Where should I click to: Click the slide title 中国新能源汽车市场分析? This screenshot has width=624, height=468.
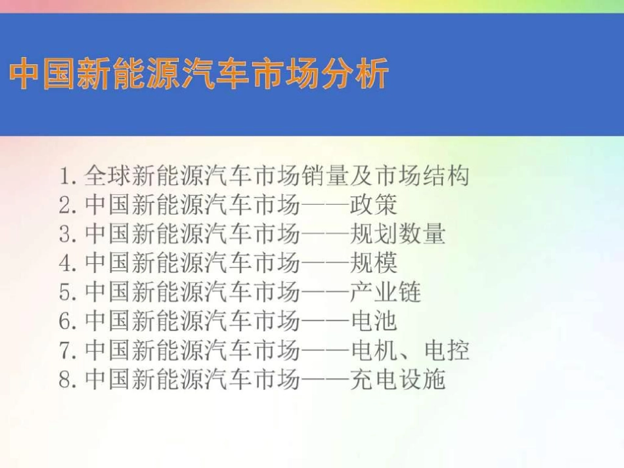coord(199,74)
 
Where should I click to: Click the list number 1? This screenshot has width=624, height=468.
coord(65,176)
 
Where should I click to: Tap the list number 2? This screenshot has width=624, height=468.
coord(65,205)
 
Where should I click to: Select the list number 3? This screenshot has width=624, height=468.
coord(65,234)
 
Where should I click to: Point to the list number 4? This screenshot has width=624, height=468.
coord(65,263)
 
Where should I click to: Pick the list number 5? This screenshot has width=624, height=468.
coord(65,292)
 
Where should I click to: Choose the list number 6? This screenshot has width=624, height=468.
coord(65,322)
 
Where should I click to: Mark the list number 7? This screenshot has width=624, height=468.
coord(65,351)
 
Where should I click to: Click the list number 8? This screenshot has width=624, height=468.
coord(65,379)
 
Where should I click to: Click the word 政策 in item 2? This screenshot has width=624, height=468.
coord(374,205)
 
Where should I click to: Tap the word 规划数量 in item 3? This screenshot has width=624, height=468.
coord(398,234)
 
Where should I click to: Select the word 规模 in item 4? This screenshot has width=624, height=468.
coord(374,263)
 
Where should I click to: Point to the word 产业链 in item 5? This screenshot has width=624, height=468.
coord(386,292)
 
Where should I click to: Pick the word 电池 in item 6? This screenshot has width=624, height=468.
coord(374,322)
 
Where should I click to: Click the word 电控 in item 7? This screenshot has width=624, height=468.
coord(447,351)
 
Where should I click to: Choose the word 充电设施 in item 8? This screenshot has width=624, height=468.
coord(398,379)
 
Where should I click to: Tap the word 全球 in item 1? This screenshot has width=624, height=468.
coord(108,176)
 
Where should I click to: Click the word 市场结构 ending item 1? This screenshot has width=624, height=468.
coord(422,176)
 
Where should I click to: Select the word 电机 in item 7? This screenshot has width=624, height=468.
coord(374,351)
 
